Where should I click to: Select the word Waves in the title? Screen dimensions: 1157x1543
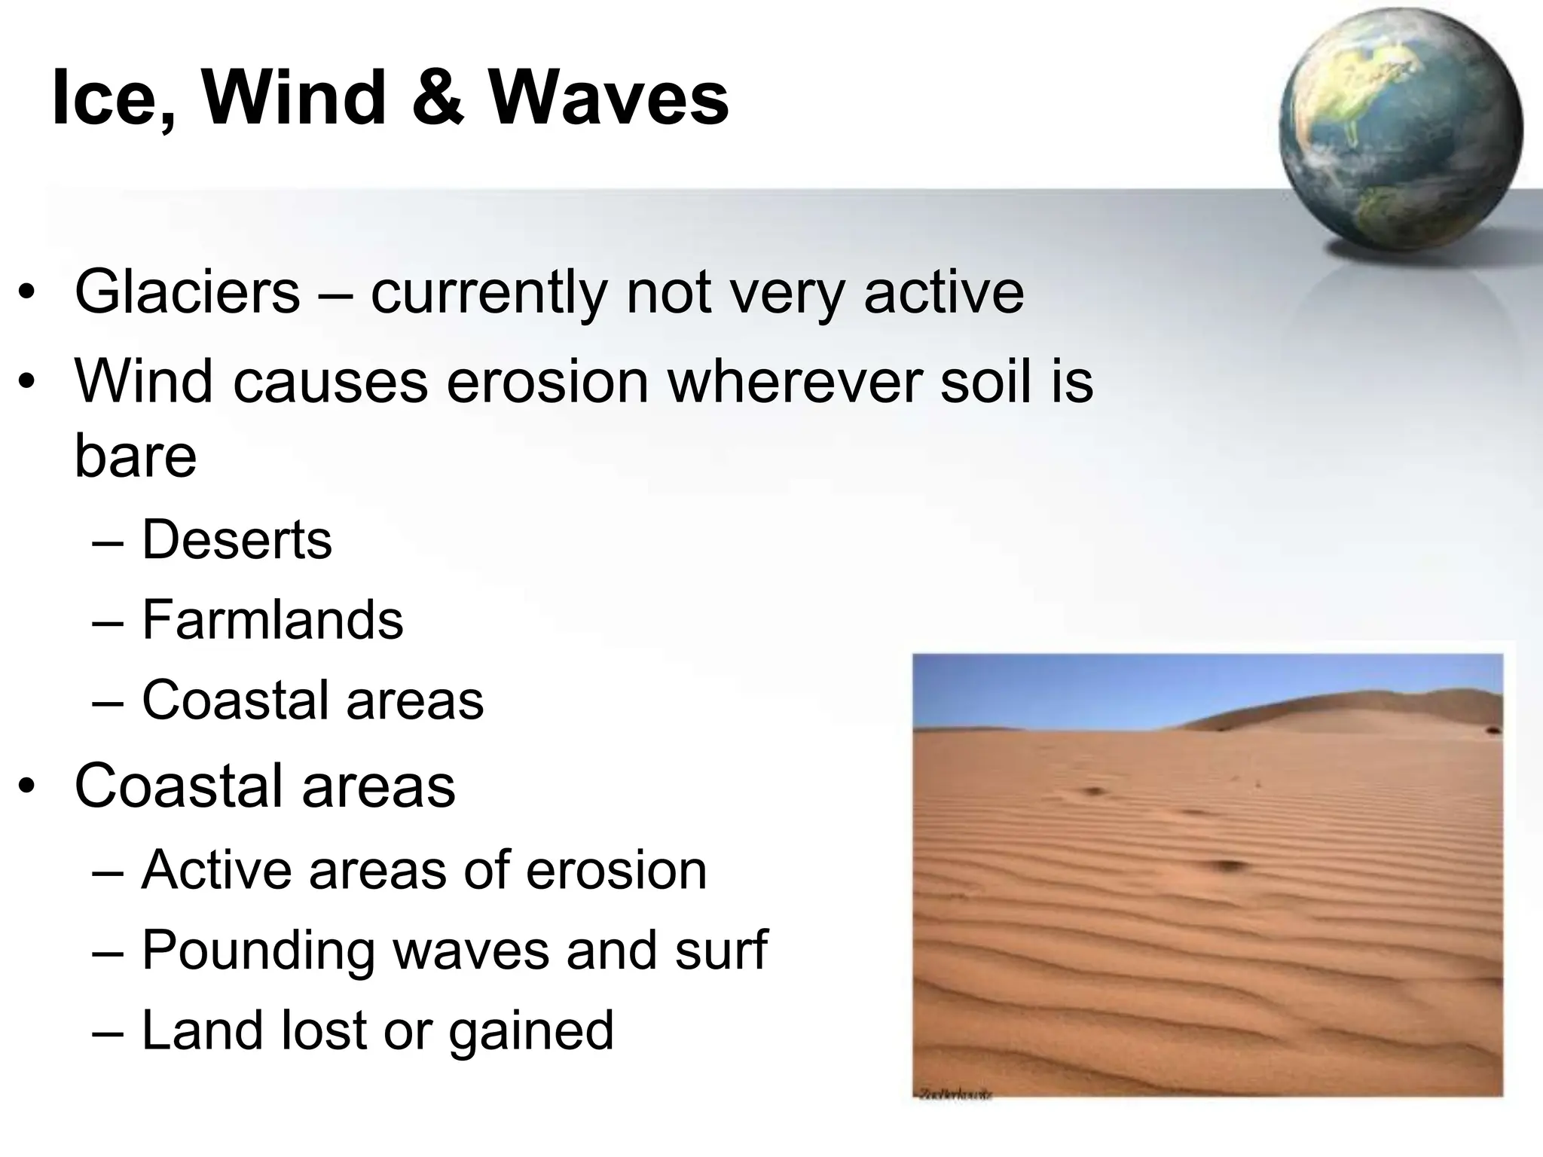(609, 98)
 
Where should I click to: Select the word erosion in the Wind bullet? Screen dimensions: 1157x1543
(547, 381)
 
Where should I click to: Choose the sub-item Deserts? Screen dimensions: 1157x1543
(237, 539)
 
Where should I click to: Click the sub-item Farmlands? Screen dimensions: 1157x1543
(272, 620)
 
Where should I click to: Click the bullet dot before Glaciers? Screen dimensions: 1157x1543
(27, 294)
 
